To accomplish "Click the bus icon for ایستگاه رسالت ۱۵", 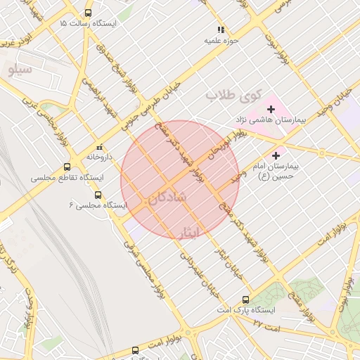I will coord(88,13).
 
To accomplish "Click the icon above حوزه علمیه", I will coord(221,30).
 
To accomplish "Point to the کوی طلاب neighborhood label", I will coord(233,94).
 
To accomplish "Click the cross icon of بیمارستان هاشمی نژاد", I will coord(271,109).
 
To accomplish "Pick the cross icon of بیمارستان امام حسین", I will coord(276,155).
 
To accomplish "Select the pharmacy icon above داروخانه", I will coord(100,147).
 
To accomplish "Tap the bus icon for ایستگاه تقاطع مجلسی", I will coord(67,167).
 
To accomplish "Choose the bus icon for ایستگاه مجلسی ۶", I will coord(98,195).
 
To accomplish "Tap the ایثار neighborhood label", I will coord(189,232).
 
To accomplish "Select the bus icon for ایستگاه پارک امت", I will coord(245,299).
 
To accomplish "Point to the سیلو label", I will coord(20,70).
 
